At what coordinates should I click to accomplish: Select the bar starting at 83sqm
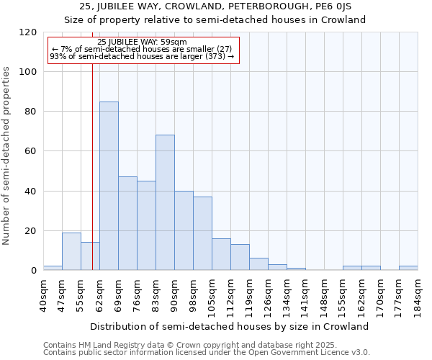pyautogui.click(x=165, y=202)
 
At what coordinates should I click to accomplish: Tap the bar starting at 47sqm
pyautogui.click(x=71, y=251)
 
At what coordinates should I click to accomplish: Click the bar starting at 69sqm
pyautogui.click(x=127, y=223)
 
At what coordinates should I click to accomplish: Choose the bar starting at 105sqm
pyautogui.click(x=221, y=254)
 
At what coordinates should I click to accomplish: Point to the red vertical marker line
pyautogui.click(x=92, y=158)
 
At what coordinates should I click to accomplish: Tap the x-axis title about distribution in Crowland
pyautogui.click(x=230, y=326)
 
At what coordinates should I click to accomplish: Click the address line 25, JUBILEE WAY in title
pyautogui.click(x=215, y=6)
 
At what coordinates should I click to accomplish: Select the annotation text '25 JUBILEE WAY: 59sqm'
pyautogui.click(x=142, y=42)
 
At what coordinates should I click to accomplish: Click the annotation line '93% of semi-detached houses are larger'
pyautogui.click(x=142, y=56)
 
